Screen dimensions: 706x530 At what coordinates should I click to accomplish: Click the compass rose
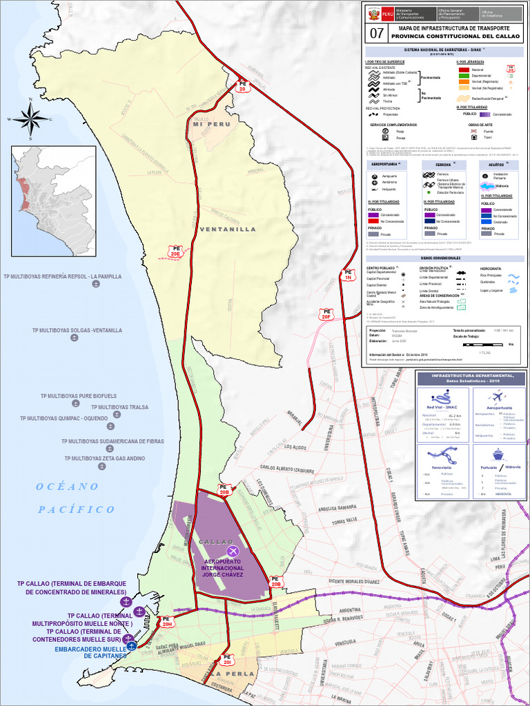tap(30, 119)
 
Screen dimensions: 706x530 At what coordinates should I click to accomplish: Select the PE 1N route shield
tap(349, 274)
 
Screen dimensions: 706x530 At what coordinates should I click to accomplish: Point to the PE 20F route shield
tap(327, 314)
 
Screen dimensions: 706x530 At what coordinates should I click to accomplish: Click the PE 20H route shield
tap(167, 623)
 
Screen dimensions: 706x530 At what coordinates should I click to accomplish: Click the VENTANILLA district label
tap(228, 229)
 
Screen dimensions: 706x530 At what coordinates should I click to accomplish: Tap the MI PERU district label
tap(210, 124)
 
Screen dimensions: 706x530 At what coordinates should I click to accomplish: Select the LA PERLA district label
tap(236, 673)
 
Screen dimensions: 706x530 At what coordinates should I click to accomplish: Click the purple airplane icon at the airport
tap(233, 551)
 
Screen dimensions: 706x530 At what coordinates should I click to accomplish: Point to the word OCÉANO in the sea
tap(68, 487)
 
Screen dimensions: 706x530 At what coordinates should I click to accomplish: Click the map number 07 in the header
tap(377, 32)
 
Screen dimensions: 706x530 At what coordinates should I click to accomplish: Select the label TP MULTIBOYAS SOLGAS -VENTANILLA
tap(77, 330)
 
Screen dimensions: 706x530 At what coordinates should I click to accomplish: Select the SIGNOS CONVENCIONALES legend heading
tap(445, 257)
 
